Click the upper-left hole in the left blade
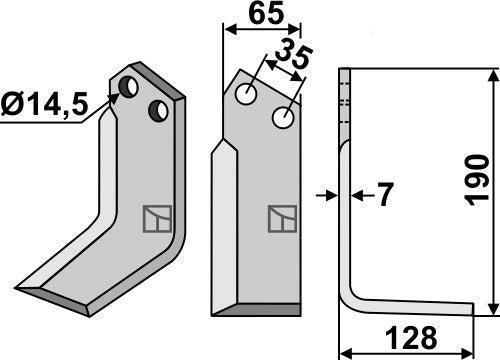128,87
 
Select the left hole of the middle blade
246,96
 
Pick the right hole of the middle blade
284,119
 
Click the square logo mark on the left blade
155,217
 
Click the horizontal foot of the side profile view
410,305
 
